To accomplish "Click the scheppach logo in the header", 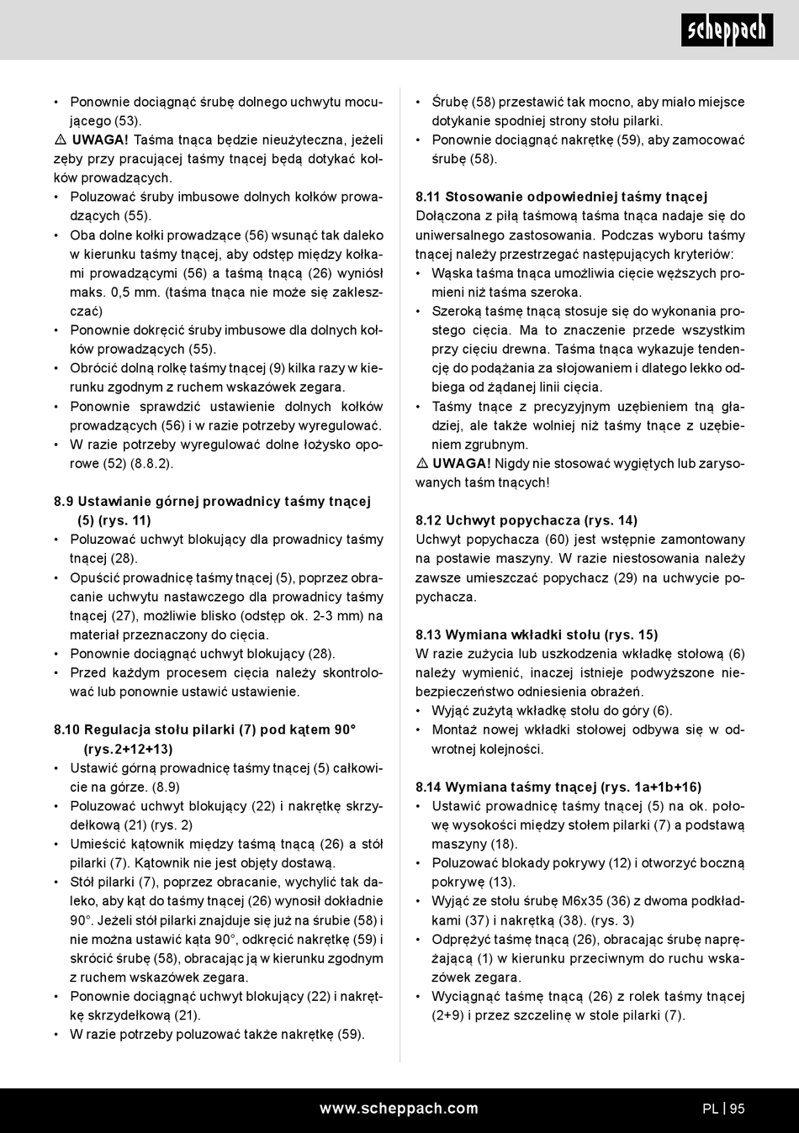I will (726, 30).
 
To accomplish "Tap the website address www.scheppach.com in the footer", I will (399, 1109).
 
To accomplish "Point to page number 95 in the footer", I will (737, 1109).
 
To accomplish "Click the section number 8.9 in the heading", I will (64, 502).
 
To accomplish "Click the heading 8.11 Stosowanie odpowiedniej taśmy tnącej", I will (561, 197).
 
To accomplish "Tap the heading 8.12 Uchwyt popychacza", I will (526, 520).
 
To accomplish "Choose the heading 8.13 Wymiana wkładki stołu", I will (536, 635).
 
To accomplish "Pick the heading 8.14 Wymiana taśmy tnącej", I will (558, 787).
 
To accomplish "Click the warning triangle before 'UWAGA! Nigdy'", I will (422, 464).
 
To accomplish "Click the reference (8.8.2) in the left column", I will (152, 463).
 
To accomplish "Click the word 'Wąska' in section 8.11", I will (451, 273).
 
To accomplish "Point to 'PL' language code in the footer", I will (710, 1109).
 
